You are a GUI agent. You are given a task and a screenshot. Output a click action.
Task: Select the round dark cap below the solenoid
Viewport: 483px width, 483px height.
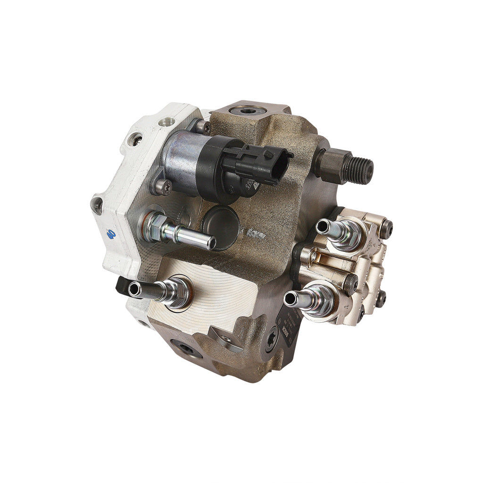(x=221, y=225)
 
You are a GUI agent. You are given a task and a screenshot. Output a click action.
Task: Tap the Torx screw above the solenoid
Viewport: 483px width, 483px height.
(x=202, y=126)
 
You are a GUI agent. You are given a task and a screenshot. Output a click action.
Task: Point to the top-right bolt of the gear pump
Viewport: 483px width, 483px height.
(x=386, y=229)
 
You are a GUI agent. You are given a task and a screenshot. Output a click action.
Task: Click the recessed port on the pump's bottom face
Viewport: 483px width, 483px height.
(x=184, y=349)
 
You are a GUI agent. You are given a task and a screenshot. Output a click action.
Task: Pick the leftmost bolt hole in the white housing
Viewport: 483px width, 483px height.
(x=97, y=206)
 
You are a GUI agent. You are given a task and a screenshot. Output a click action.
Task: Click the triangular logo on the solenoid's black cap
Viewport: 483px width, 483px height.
(x=255, y=186)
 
